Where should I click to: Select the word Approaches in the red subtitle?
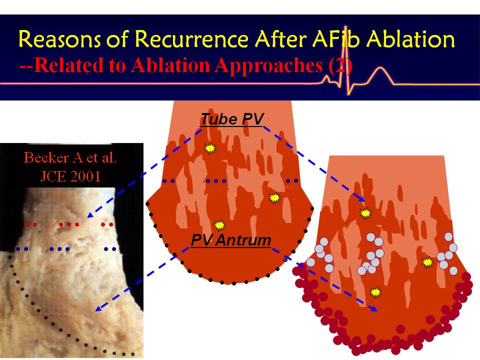(268, 65)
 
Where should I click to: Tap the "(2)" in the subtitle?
(340, 65)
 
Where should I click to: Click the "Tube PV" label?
(231, 119)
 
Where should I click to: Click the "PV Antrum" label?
(231, 240)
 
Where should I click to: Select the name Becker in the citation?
(46, 157)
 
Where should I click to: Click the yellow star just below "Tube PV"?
(210, 148)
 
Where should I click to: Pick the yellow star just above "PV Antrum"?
(219, 225)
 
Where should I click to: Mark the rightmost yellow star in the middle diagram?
(274, 198)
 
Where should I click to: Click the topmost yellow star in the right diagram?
(365, 213)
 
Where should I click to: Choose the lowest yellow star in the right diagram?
(375, 292)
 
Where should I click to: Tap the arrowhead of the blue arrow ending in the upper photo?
(90, 215)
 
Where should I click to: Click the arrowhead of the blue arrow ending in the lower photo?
(98, 308)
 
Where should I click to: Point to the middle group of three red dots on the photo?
(69, 224)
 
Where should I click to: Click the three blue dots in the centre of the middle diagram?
(216, 181)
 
